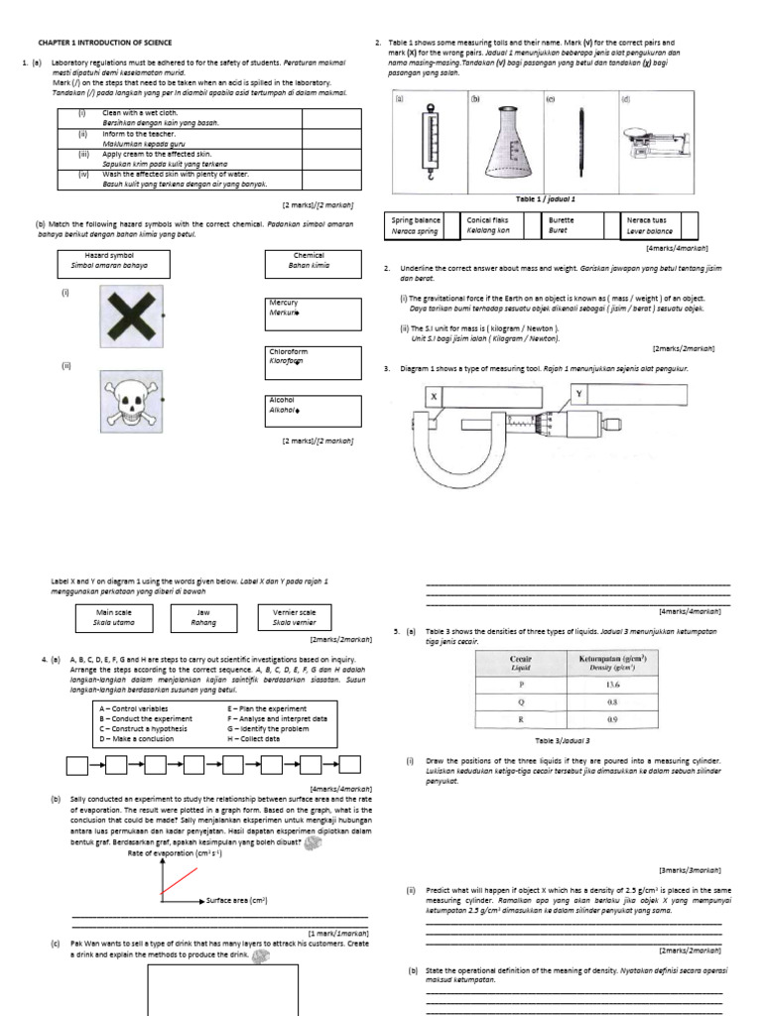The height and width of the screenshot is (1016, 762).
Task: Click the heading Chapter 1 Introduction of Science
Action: tap(105, 43)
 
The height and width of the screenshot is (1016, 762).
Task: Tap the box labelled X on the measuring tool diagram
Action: tap(434, 396)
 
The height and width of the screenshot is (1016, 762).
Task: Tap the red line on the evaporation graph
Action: tap(178, 880)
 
